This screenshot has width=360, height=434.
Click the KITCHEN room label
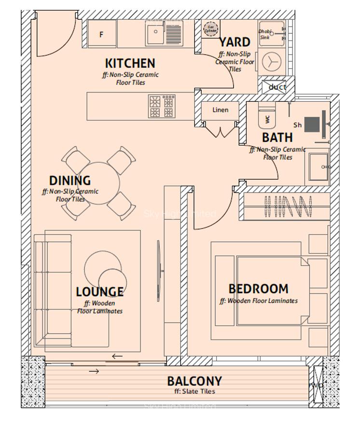[x=130, y=63]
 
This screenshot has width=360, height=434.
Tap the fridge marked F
[x=102, y=34]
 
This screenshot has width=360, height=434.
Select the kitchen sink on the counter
[x=155, y=33]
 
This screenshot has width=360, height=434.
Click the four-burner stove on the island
[x=162, y=107]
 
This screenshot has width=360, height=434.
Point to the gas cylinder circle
[x=210, y=29]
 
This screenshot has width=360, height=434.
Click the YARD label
[x=235, y=42]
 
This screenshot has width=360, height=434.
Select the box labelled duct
[x=277, y=87]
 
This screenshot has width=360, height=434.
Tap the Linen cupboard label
[x=221, y=110]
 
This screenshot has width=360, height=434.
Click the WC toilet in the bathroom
[x=267, y=116]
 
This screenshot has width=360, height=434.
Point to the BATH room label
[x=277, y=137]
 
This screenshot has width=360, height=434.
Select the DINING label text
[x=70, y=181]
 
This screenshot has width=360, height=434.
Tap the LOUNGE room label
[x=99, y=292]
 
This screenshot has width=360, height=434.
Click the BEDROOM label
[x=258, y=289]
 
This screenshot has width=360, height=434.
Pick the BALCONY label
[x=194, y=381]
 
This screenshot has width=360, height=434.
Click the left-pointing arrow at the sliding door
[x=117, y=356]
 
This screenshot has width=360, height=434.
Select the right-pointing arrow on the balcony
[x=94, y=371]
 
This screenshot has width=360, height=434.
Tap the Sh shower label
[x=297, y=125]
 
